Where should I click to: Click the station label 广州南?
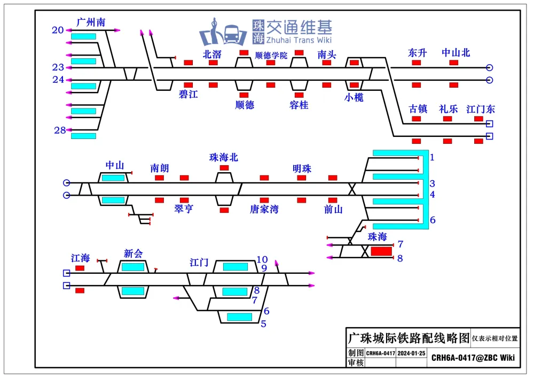tap(91, 22)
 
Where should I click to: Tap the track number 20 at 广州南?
tap(58, 30)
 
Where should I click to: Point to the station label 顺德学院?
tap(271, 55)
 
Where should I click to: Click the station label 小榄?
tap(354, 98)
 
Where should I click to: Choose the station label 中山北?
tap(456, 53)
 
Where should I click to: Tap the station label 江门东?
tap(481, 109)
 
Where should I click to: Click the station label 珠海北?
tap(224, 157)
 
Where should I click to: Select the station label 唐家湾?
tap(264, 209)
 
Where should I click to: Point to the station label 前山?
tap(333, 209)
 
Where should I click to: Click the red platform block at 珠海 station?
tap(381, 251)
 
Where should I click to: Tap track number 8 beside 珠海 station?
tap(400, 258)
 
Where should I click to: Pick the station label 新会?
tap(133, 253)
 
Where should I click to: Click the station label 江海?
tap(80, 258)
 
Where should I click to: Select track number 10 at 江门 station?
tap(262, 260)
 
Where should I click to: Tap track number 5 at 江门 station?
tap(263, 323)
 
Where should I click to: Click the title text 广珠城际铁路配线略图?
tap(409, 338)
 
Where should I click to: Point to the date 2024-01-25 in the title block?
tap(412, 353)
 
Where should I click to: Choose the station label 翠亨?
tap(184, 209)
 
